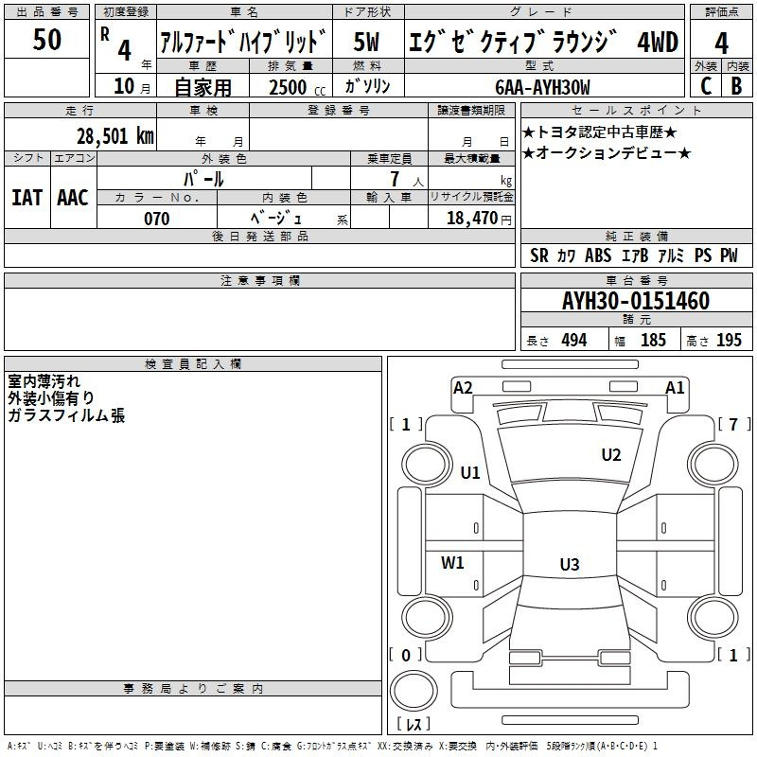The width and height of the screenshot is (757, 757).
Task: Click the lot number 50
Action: point(46,40)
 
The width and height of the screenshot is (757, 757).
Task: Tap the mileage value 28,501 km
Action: point(114,135)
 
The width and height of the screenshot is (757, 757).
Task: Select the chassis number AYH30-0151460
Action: point(635,301)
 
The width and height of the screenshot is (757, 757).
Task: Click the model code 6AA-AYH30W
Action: point(542,87)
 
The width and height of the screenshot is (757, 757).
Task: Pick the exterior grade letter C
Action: point(705,86)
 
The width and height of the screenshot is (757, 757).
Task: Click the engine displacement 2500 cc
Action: point(293,87)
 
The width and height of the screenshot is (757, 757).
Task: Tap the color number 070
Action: point(156,219)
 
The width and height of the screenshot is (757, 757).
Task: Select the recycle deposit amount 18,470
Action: point(471,219)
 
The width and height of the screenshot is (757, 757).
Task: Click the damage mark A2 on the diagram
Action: point(463,387)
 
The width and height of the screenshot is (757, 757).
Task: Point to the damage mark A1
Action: point(675,387)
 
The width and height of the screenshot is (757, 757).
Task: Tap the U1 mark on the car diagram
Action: point(470,472)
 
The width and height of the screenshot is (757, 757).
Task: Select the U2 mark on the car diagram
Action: point(611,455)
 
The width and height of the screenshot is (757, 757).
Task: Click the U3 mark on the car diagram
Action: point(569,565)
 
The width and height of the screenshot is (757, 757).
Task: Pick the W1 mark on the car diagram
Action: point(453,563)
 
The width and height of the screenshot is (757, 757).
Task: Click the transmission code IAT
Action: point(26,198)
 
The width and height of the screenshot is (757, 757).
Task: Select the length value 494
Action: point(573,341)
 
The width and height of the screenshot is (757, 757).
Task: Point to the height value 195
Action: point(729,341)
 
